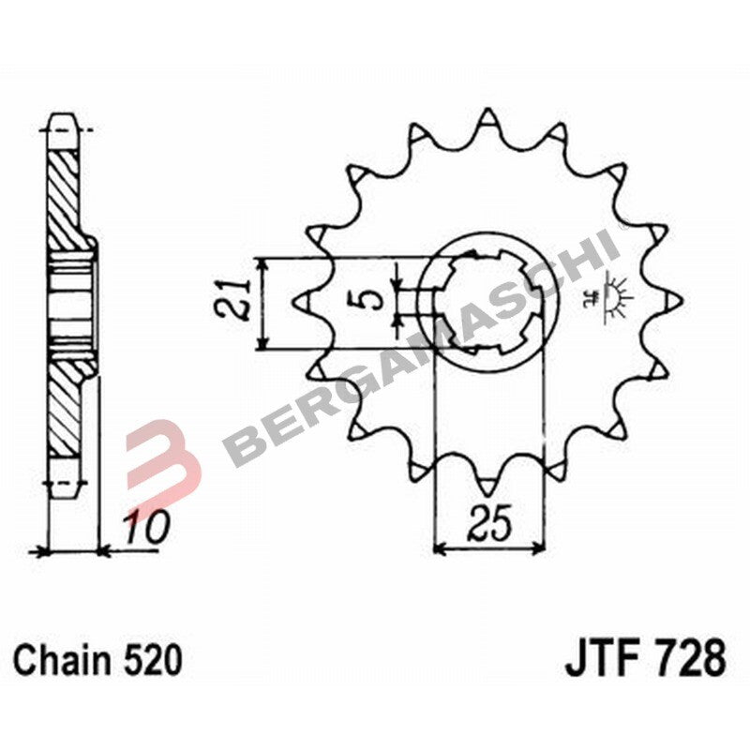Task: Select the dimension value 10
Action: pos(145,528)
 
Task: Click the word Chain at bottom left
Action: pos(65,660)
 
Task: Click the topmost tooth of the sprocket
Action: pos(487,120)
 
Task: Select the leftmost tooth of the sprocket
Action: pos(305,301)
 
